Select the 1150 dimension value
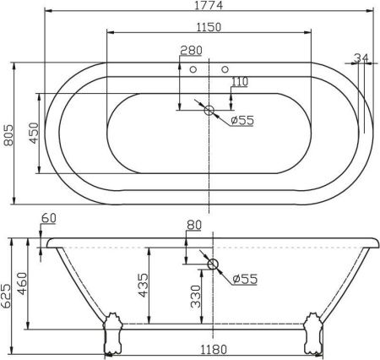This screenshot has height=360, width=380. (x=208, y=26)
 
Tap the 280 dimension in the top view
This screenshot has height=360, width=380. (x=192, y=52)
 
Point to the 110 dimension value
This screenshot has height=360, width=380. (x=240, y=82)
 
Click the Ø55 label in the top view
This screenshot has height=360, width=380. (x=243, y=120)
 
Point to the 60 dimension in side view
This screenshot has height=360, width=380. (x=48, y=219)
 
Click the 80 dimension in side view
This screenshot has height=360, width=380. (x=194, y=226)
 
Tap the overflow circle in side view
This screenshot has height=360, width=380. (x=213, y=265)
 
